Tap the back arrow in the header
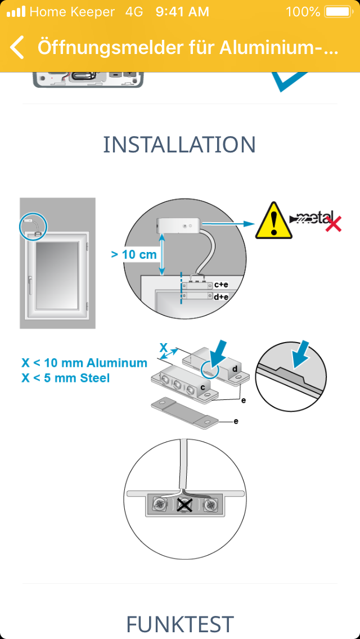[x=17, y=47]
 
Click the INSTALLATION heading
[x=179, y=144]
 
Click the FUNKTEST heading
[x=179, y=624]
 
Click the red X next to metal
[x=333, y=224]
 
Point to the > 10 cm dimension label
[x=134, y=255]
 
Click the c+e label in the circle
[x=221, y=285]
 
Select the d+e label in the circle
[x=221, y=296]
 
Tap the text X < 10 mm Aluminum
[x=84, y=363]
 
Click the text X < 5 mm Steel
[x=66, y=378]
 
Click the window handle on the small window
[x=30, y=285]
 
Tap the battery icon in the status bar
[x=337, y=12]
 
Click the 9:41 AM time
[x=182, y=12]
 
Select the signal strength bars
[x=16, y=12]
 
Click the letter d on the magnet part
[x=235, y=369]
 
